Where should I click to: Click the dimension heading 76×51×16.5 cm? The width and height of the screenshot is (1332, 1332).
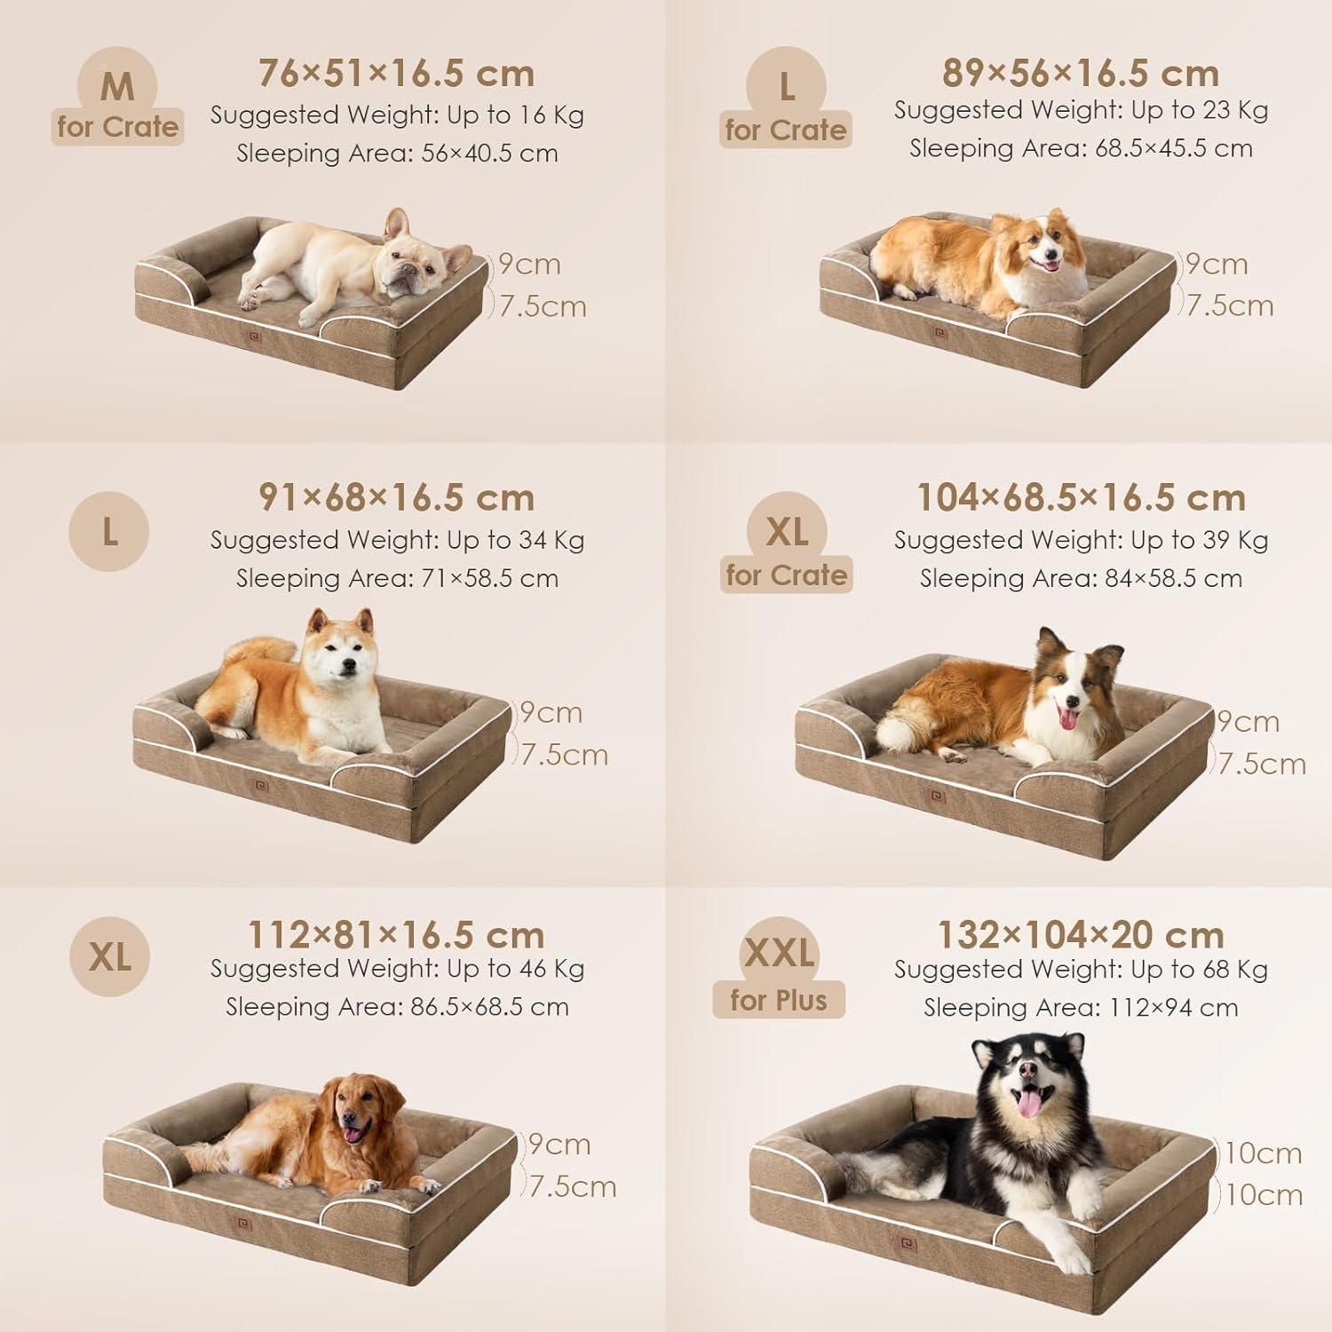pos(396,73)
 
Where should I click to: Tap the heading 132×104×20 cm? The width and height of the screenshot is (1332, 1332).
pos(1081,934)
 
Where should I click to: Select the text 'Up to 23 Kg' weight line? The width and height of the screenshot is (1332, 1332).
pos(1200,110)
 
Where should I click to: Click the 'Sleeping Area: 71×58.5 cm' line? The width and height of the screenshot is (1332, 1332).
pos(397,578)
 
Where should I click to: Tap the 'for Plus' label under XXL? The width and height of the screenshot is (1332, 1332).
pos(779,1000)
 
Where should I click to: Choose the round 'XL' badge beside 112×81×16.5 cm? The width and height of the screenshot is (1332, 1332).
pos(109,956)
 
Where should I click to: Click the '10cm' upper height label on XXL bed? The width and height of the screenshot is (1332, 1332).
pos(1263,1154)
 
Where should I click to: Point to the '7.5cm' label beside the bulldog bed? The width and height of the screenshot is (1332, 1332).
pos(543,306)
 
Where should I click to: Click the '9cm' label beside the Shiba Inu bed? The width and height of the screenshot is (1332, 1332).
pos(551,712)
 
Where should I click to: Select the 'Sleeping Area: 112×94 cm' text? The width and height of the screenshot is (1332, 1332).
pos(1081,1008)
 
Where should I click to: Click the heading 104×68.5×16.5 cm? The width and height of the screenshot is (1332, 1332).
pos(1081,497)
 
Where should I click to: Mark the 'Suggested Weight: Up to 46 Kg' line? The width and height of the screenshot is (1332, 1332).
pos(397,968)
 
